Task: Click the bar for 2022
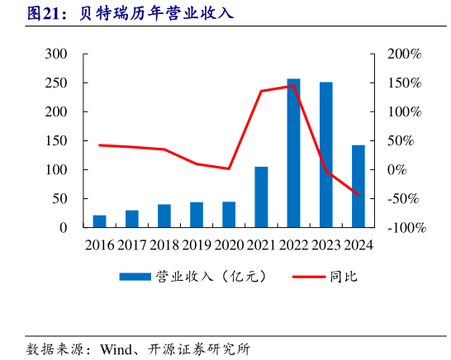click(293, 153)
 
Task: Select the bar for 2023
click(326, 154)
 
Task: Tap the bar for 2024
click(358, 186)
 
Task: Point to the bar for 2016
click(99, 220)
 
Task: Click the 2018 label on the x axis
click(164, 245)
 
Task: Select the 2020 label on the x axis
click(229, 245)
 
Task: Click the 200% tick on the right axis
click(404, 54)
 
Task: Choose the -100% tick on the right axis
click(406, 227)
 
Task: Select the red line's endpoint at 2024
click(358, 195)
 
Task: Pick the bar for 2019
click(197, 215)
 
